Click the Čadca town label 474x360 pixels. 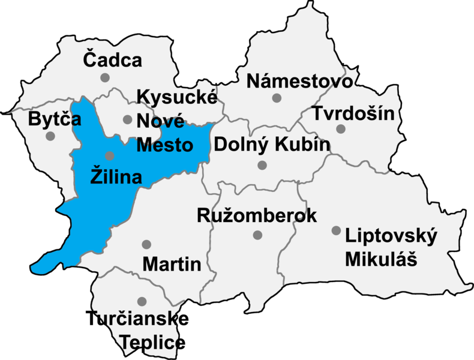(x=112, y=60)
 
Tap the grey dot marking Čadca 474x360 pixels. (x=105, y=77)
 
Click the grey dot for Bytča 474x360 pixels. (x=50, y=136)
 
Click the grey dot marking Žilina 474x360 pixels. (x=109, y=155)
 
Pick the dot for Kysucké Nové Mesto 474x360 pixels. (x=127, y=119)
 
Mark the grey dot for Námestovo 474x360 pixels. (x=277, y=98)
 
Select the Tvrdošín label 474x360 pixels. (x=353, y=112)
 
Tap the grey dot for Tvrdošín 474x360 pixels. (x=341, y=128)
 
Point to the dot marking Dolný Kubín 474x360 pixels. (x=262, y=165)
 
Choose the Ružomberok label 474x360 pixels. (x=257, y=216)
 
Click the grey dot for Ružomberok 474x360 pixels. (x=257, y=235)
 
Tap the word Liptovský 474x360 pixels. (x=391, y=236)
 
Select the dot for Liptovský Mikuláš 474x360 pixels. (x=336, y=230)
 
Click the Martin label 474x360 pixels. (x=172, y=263)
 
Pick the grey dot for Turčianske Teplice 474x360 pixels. (x=142, y=301)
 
